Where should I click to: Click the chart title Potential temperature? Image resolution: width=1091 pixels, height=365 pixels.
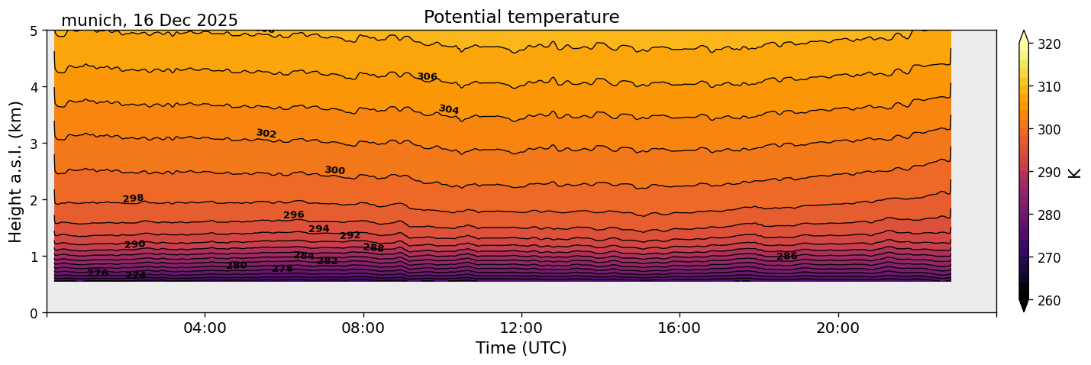[x=521, y=17]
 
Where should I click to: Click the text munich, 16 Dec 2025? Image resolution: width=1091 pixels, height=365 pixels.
[x=150, y=21]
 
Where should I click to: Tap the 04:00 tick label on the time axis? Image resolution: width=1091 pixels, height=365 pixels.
[x=205, y=328]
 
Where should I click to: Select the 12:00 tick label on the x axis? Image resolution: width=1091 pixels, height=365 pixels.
[x=521, y=328]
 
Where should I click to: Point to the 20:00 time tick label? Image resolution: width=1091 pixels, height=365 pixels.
[x=838, y=328]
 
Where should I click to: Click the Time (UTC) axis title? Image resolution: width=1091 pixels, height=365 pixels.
[x=521, y=348]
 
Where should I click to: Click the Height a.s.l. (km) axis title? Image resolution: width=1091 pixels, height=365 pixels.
[x=16, y=172]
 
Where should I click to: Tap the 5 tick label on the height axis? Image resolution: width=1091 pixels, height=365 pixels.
[x=34, y=31]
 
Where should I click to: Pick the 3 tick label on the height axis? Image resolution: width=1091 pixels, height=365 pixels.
[x=34, y=144]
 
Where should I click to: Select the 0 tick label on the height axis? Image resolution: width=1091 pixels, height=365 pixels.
[x=34, y=313]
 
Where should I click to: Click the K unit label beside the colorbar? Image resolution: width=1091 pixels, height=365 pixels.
[x=1075, y=172]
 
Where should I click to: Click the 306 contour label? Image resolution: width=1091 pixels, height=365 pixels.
[x=427, y=76]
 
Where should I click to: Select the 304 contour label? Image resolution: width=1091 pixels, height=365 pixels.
[x=449, y=110]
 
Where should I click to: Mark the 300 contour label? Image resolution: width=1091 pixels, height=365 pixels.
[x=334, y=170]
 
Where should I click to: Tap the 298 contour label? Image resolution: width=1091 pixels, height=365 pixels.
[x=133, y=199]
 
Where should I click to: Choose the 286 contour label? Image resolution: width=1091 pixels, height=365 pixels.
[x=786, y=256]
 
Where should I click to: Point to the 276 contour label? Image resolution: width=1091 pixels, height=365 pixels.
[x=98, y=273]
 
